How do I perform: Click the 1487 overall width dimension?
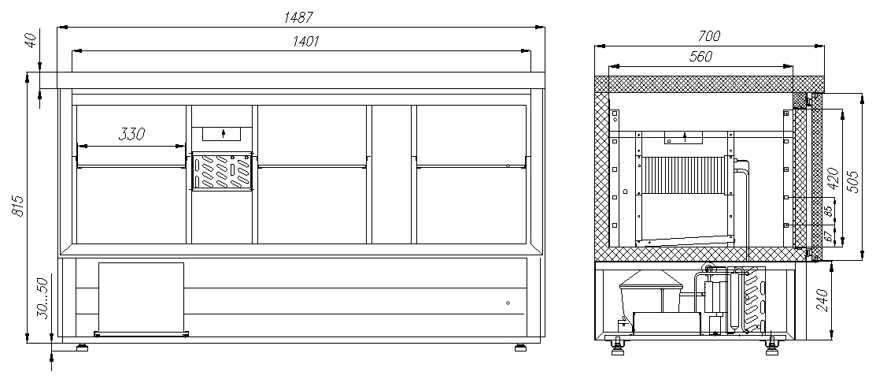[298, 17]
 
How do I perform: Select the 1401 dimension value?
[305, 42]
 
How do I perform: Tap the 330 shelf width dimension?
[132, 134]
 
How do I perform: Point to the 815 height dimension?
[17, 206]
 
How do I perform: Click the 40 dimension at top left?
[31, 39]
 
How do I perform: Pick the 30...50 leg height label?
[43, 298]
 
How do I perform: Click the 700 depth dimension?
[709, 36]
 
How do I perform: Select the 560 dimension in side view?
[700, 57]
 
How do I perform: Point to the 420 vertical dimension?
[833, 178]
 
